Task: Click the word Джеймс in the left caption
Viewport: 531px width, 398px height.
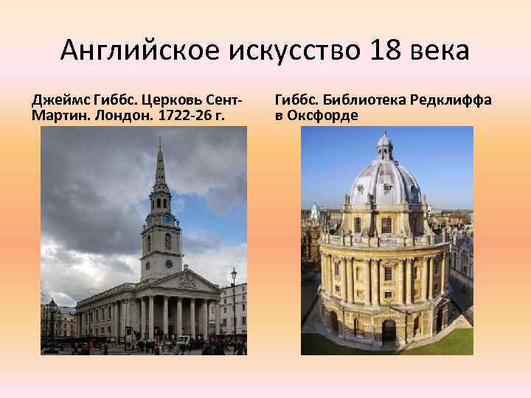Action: click(56, 100)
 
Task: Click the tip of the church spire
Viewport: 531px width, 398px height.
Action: click(160, 140)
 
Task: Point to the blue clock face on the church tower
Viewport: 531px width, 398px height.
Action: click(167, 218)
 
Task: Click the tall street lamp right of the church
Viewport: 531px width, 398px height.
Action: click(234, 302)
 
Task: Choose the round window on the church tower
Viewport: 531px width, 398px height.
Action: click(167, 241)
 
